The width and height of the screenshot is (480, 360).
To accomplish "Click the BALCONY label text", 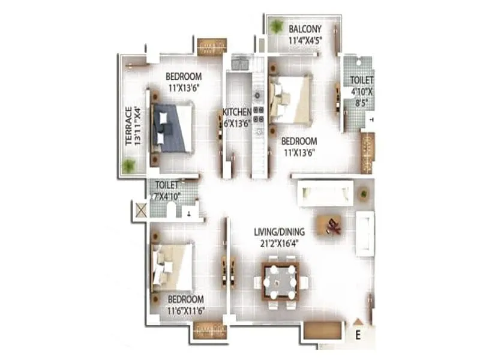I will coord(305,29).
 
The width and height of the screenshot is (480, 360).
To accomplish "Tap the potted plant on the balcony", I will coord(277,26).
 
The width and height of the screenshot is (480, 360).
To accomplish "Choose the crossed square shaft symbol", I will coord(141,211).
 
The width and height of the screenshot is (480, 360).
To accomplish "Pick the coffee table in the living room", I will coord(331,225).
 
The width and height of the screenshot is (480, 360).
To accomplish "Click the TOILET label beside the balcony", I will coord(362,79).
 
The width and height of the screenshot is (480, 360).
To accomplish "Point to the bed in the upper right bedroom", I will coord(290,99).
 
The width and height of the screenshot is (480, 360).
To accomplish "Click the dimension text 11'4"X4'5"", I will coord(305,41).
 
